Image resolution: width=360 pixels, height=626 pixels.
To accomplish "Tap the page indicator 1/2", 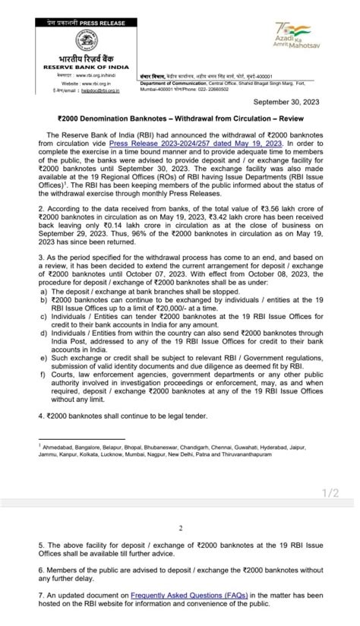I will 330,493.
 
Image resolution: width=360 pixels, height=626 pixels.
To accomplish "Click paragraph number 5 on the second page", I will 40,545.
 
